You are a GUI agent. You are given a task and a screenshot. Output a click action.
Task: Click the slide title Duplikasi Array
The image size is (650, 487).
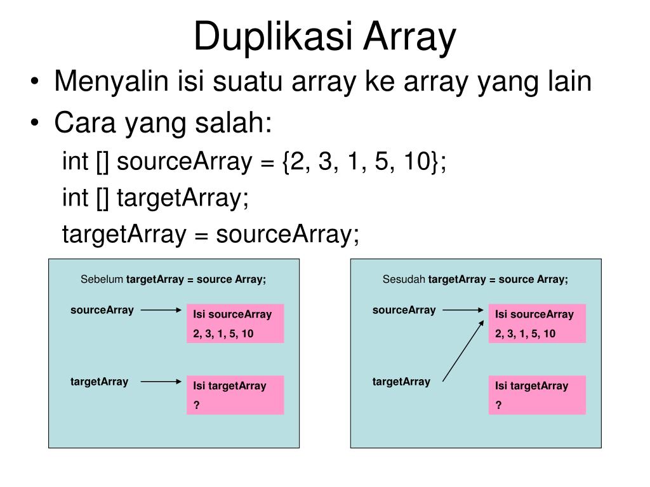(x=324, y=36)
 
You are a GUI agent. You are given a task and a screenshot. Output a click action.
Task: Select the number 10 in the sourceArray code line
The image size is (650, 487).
(x=417, y=162)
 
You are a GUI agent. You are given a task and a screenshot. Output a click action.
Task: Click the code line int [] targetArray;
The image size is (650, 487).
(x=156, y=198)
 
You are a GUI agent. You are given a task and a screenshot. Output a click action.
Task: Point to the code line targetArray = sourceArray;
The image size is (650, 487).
(x=210, y=235)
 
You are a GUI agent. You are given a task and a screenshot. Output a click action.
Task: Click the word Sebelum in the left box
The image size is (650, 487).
(x=102, y=280)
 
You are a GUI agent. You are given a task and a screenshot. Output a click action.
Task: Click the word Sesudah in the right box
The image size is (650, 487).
(x=404, y=280)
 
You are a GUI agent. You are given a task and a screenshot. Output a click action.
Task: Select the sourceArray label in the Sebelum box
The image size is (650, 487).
(x=102, y=310)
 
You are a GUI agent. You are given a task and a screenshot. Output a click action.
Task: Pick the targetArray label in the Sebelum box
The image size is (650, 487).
(x=99, y=382)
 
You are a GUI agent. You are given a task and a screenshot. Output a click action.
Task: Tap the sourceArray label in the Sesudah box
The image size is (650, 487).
(x=404, y=310)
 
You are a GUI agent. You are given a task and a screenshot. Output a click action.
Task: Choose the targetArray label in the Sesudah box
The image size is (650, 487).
(x=401, y=382)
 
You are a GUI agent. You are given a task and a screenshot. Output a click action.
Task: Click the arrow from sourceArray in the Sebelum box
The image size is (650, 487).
(x=161, y=311)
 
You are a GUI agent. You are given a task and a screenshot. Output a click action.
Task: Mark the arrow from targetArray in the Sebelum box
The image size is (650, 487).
(x=161, y=382)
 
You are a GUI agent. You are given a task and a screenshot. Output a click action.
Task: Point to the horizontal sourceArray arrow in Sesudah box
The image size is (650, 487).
(x=463, y=311)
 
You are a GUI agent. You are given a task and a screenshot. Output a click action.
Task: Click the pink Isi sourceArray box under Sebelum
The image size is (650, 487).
(x=235, y=323)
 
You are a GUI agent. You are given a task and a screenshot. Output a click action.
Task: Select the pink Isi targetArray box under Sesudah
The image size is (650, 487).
(x=537, y=395)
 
